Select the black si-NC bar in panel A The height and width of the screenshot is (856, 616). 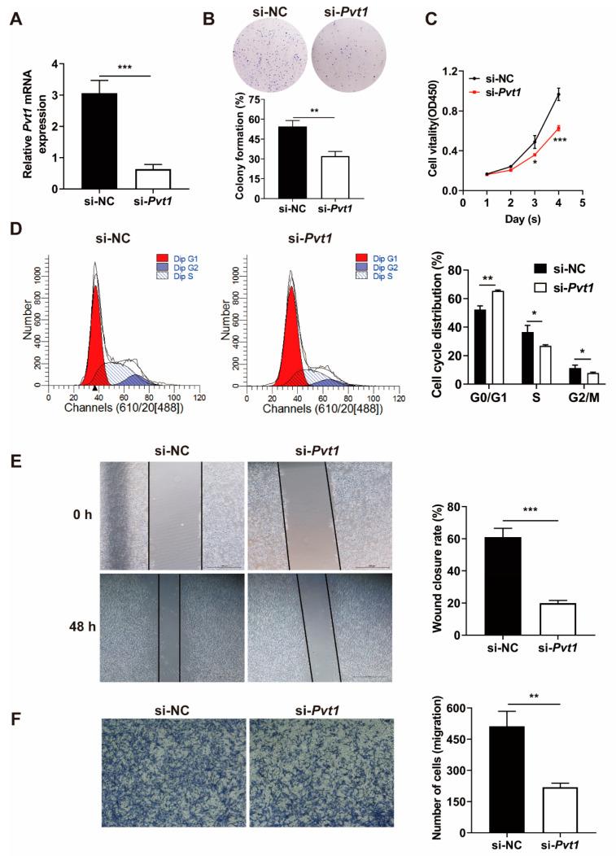point(98,142)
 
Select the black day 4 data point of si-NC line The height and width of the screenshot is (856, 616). point(558,94)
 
